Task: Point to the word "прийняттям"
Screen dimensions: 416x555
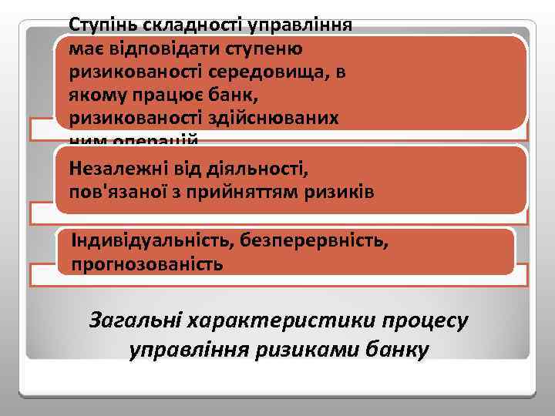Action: (257, 191)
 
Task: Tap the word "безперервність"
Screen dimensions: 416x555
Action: (308, 240)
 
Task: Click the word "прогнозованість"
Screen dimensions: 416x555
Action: (147, 265)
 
